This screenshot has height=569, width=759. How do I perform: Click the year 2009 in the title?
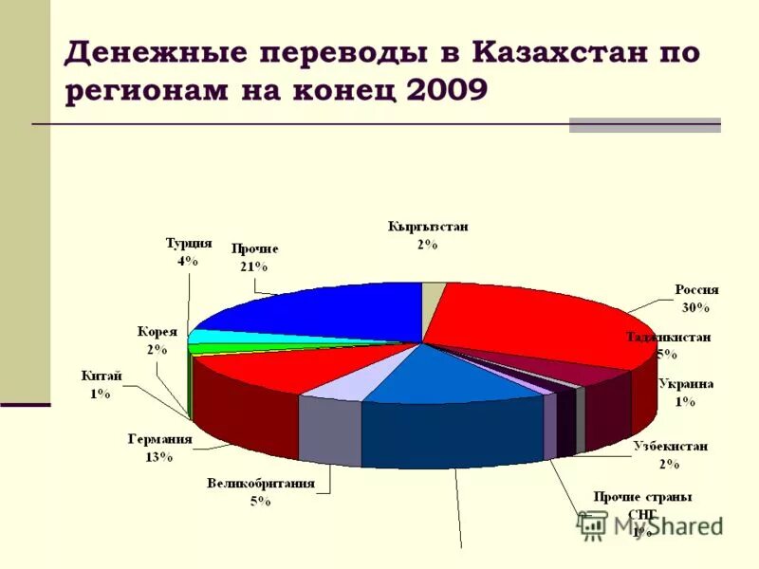446,90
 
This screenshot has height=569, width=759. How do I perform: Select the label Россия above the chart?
696,290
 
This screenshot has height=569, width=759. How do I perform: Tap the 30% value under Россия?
695,307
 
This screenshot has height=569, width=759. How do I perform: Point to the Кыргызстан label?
427,227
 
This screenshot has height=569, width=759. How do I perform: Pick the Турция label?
188,243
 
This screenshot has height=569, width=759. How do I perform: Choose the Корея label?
157,332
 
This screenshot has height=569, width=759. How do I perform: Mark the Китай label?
102,376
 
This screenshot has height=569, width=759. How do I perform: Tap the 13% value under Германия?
159,456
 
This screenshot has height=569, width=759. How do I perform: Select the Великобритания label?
261,484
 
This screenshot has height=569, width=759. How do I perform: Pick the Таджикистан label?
668,338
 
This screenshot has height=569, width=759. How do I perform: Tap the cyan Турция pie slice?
206,337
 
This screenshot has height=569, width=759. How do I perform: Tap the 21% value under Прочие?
253,266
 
